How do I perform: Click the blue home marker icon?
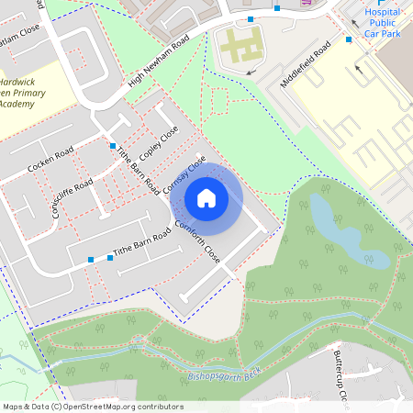pyautogui.click(x=206, y=197)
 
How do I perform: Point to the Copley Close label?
pyautogui.click(x=162, y=141)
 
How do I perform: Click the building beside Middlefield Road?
pyautogui.click(x=240, y=48)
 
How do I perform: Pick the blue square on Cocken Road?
pyautogui.click(x=113, y=146)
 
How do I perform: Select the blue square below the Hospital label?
pyautogui.click(x=349, y=39)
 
